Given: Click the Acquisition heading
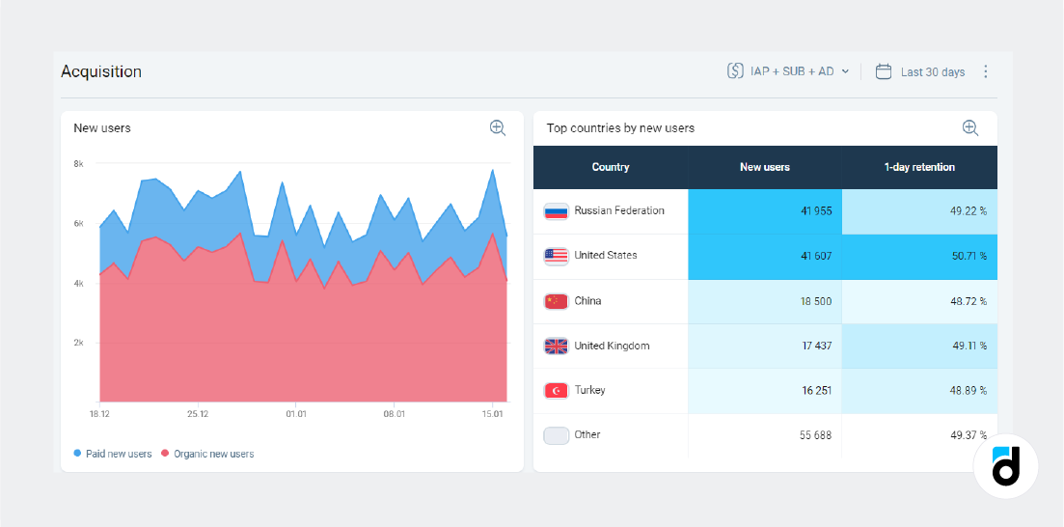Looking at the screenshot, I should pos(101,71).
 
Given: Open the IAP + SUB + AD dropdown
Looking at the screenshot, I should pos(789,71).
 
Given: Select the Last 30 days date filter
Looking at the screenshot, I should pos(920,71).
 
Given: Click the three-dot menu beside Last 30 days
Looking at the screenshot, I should pos(985,71).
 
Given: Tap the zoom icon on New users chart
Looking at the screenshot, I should pos(498,127).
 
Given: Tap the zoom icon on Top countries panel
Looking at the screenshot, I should pos(970,127).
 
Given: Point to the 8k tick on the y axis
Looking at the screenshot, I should pos(78,164).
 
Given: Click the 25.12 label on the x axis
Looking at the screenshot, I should pos(198,414).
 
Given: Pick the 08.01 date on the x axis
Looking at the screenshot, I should pos(394,414).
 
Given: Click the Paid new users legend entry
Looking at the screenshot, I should pos(113,454).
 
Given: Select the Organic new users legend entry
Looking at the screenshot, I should pos(207,454).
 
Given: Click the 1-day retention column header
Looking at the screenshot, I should pos(919,167).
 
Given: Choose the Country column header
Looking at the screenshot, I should pos(611,167).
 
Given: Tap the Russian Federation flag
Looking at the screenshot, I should pos(557,211).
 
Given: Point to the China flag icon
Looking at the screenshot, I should pos(557,301).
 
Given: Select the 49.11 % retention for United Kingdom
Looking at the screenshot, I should pos(968,346).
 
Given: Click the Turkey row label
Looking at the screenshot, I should pos(589,390).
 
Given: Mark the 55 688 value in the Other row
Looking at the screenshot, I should pos(815,435).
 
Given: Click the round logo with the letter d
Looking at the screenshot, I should pos(1005,466).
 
